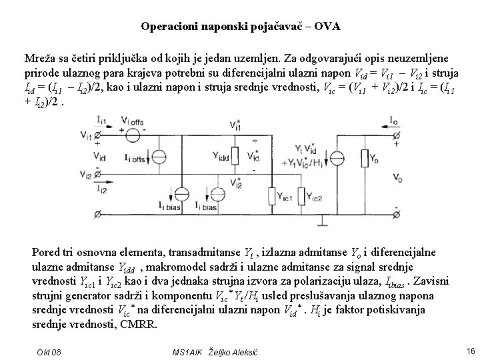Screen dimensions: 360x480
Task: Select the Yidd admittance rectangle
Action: [217, 159]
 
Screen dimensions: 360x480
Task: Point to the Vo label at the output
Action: [397, 179]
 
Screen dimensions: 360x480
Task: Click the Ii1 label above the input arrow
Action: [101, 120]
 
